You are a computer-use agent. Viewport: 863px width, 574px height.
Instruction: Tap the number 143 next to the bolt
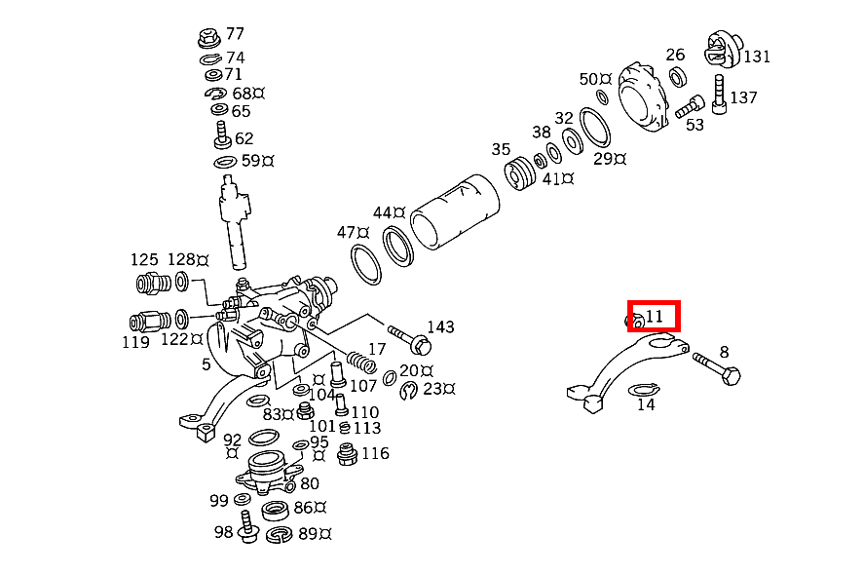point(440,326)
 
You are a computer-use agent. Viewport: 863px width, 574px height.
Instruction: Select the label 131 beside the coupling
point(757,57)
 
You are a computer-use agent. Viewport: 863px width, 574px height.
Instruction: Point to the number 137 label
point(743,97)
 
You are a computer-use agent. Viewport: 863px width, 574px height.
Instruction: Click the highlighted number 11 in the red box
point(655,316)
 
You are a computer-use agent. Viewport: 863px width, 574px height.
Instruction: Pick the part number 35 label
point(501,150)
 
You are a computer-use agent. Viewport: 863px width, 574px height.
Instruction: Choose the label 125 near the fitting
point(144,259)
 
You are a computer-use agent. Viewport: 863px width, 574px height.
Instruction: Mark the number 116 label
point(375,453)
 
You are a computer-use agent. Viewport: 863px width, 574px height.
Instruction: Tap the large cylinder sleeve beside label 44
point(454,211)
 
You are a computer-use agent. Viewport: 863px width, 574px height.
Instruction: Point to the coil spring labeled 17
point(359,358)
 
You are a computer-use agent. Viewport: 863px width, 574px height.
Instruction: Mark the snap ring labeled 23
point(409,390)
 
